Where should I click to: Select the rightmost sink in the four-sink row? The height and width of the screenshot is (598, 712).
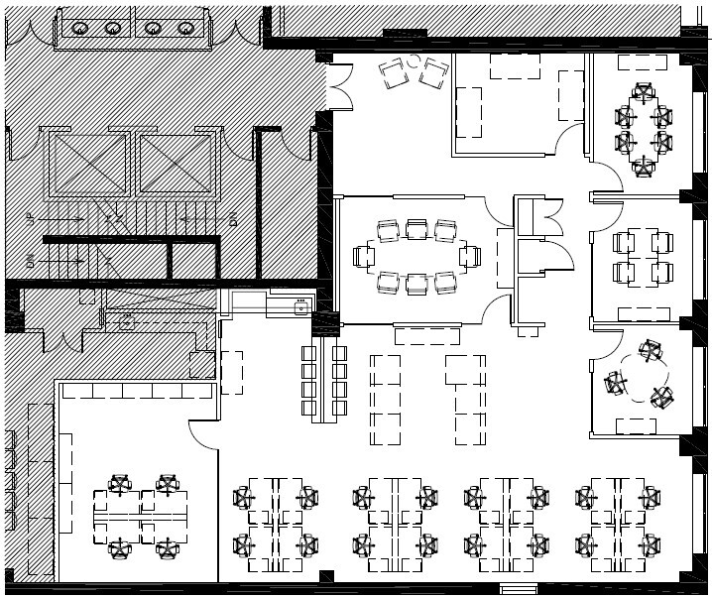[185, 28]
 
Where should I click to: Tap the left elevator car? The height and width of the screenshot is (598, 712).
[89, 164]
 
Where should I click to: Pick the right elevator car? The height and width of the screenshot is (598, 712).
[176, 164]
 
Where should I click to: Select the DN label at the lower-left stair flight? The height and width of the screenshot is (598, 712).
[32, 262]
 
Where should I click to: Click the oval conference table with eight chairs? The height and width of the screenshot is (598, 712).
[416, 257]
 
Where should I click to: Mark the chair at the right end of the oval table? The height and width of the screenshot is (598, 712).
[470, 257]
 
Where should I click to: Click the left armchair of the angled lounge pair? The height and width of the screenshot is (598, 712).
[394, 70]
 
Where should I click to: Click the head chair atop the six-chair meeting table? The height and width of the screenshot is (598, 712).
[644, 93]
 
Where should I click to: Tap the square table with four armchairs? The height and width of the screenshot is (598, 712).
[643, 257]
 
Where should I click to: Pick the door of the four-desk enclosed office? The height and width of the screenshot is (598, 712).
[203, 431]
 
